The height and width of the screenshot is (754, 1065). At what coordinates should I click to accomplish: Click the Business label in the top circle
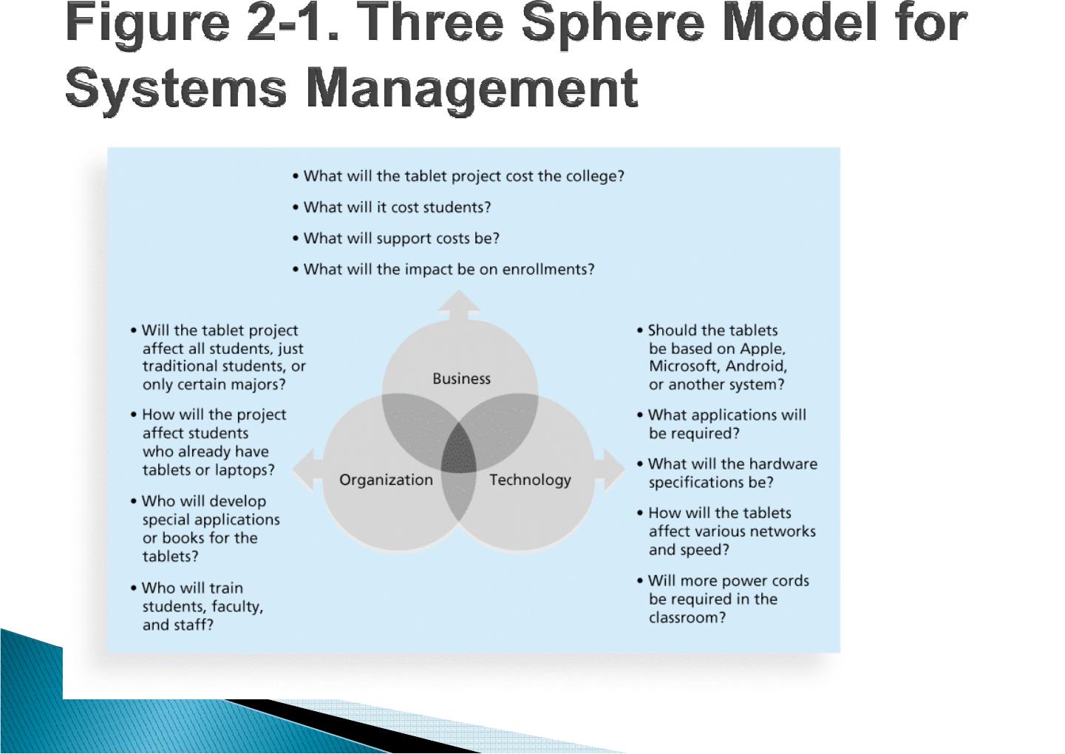tap(461, 378)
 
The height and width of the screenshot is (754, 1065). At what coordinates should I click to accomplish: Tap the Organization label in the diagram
tap(386, 480)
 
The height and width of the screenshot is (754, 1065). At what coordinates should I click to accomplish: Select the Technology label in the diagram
tap(530, 480)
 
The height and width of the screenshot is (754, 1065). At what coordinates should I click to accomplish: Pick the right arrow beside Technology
tap(610, 469)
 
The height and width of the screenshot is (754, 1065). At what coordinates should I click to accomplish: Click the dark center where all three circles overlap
tap(459, 449)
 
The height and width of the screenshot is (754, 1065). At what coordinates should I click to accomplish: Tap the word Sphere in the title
tap(613, 24)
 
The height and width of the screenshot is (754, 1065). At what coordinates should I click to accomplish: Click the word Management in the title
tap(472, 89)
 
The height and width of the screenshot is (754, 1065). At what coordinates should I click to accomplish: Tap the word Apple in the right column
tap(763, 349)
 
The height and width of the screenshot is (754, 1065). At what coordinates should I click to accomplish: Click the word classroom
tap(687, 618)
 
